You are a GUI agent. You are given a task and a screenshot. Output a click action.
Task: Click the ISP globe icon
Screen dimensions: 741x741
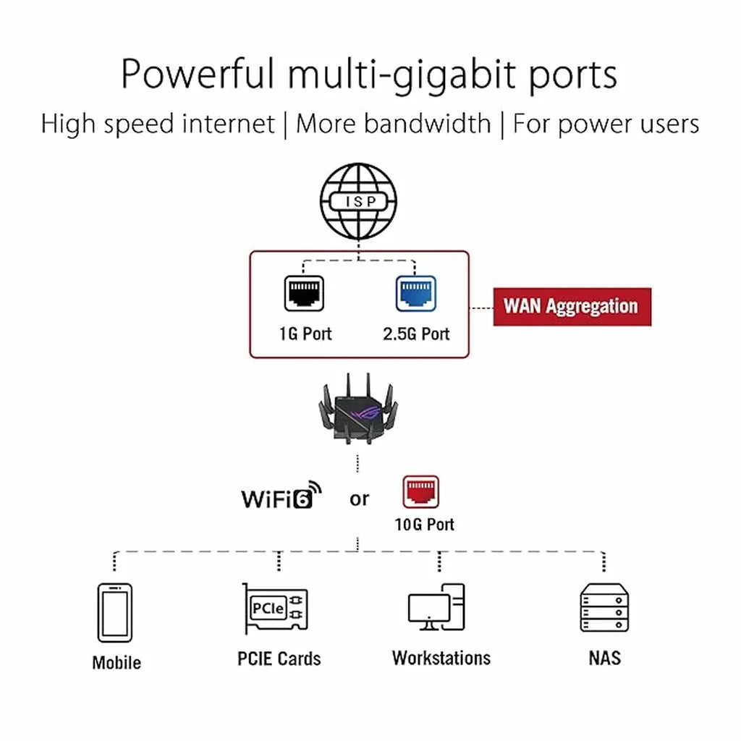[359, 203]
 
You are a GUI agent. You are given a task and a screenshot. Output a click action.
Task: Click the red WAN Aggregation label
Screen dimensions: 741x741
[572, 306]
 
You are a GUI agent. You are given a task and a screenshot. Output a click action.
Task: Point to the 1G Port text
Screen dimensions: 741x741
[305, 334]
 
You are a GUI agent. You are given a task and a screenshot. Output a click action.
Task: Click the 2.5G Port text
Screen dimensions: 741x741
[416, 334]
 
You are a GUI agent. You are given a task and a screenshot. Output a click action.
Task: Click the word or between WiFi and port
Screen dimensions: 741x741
[359, 499]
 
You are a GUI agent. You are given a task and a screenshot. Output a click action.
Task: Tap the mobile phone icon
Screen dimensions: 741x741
[115, 612]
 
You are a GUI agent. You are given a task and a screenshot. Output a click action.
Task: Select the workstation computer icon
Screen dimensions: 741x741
[437, 608]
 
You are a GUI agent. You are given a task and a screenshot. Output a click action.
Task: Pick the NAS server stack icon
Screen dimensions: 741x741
[604, 608]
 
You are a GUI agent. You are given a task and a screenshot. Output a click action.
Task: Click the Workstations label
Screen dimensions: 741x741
[441, 658]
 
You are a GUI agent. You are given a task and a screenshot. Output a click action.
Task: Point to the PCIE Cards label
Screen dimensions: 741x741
[279, 659]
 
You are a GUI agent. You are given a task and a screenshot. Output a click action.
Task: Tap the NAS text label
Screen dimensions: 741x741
[604, 658]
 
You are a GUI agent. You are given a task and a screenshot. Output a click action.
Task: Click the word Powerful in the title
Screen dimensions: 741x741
[198, 75]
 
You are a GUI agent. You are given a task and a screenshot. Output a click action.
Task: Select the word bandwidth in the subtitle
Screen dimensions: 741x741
[427, 124]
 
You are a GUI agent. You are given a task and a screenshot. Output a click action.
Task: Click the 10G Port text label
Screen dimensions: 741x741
[424, 524]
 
